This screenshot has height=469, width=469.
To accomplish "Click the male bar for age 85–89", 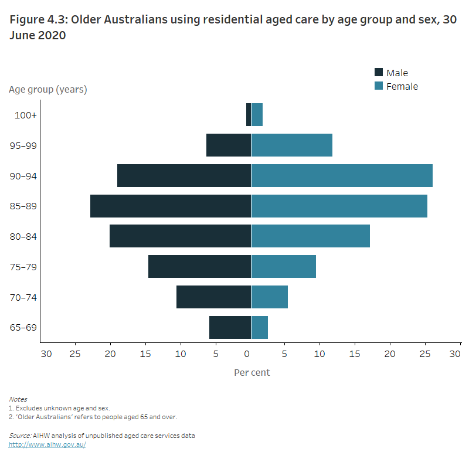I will coord(170,206).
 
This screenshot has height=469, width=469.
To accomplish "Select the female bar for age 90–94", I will coord(342,176).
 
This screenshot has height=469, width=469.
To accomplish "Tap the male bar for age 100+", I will coord(249,115).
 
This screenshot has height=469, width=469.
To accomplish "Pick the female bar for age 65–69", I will coord(260,328).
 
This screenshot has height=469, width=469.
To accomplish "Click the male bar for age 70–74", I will coord(213,297).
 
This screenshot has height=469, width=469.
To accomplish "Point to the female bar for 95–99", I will coord(292,145).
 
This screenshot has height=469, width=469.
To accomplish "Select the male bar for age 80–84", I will coord(180,237).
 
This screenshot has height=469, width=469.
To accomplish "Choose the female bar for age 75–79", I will coord(284,267).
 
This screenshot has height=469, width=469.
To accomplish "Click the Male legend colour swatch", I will coord(379,73).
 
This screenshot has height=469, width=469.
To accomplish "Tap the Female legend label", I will coord(402,86).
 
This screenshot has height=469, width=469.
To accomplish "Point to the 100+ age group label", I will coord(26,115).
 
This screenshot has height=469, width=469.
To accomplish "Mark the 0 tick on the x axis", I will coord(247,354).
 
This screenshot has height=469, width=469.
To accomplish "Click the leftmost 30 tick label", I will coord(46,354).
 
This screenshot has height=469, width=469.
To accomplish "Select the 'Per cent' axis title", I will coord(252,372).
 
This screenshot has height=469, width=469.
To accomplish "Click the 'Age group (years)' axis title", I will coord(48,90).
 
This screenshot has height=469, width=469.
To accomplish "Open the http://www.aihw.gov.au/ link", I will coord(47,445).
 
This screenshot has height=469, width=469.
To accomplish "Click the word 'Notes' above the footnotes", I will coord(18,399).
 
